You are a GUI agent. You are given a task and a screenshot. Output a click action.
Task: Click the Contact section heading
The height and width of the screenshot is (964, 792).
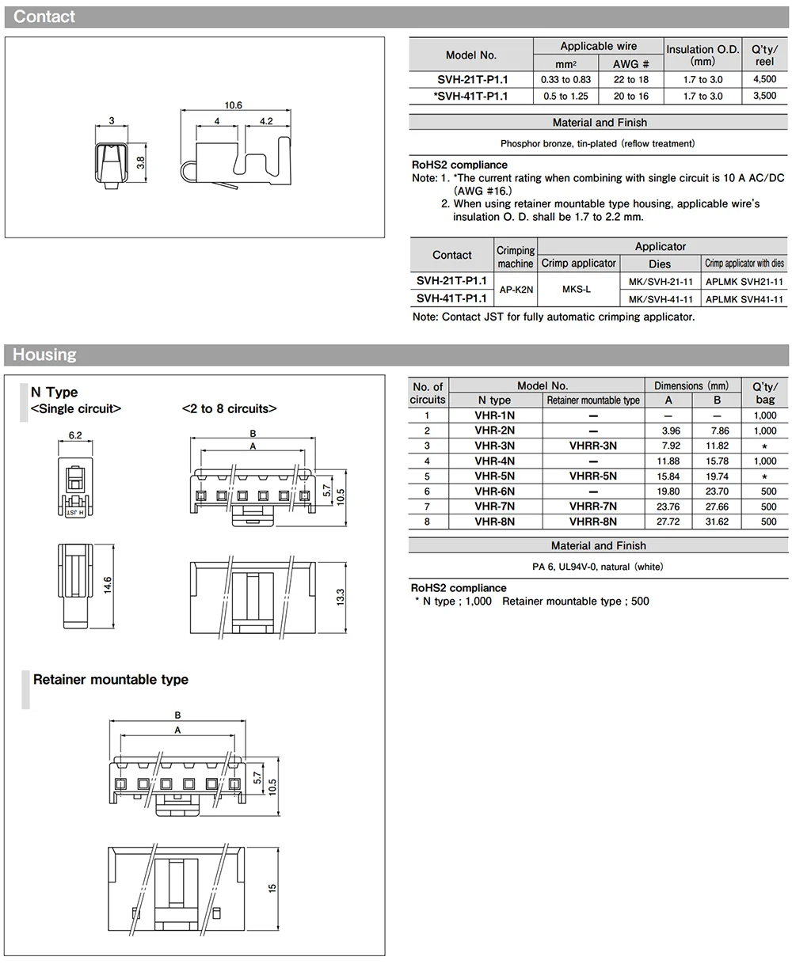pyautogui.click(x=44, y=17)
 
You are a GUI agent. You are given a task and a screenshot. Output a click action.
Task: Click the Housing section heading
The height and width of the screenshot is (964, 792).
pyautogui.click(x=44, y=355)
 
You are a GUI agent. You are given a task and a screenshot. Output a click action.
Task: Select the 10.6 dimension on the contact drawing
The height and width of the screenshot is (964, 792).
pyautogui.click(x=233, y=105)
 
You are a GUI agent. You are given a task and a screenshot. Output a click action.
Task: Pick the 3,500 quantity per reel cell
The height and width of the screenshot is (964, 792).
pyautogui.click(x=764, y=96)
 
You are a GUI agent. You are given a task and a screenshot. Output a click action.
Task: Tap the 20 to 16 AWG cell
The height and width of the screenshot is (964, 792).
pyautogui.click(x=630, y=96)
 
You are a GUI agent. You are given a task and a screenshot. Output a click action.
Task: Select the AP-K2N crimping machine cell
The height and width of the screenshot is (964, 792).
pyautogui.click(x=516, y=290)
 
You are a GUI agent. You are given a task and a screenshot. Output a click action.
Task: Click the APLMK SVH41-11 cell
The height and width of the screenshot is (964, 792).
pyautogui.click(x=744, y=299)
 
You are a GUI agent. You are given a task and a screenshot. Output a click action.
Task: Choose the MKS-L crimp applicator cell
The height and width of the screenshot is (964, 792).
pyautogui.click(x=577, y=290)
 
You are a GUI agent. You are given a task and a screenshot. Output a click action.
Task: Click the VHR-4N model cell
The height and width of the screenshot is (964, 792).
pyautogui.click(x=494, y=461)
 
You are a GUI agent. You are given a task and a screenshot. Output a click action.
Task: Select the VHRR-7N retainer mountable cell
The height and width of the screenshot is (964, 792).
pyautogui.click(x=592, y=507)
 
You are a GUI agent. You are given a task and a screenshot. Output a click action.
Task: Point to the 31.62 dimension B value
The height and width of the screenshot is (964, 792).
pyautogui.click(x=717, y=522)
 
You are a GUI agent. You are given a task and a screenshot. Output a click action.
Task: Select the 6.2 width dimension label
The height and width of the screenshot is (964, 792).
pyautogui.click(x=76, y=435)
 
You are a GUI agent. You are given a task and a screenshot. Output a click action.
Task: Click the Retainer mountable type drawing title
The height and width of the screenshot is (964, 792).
pyautogui.click(x=111, y=679)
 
